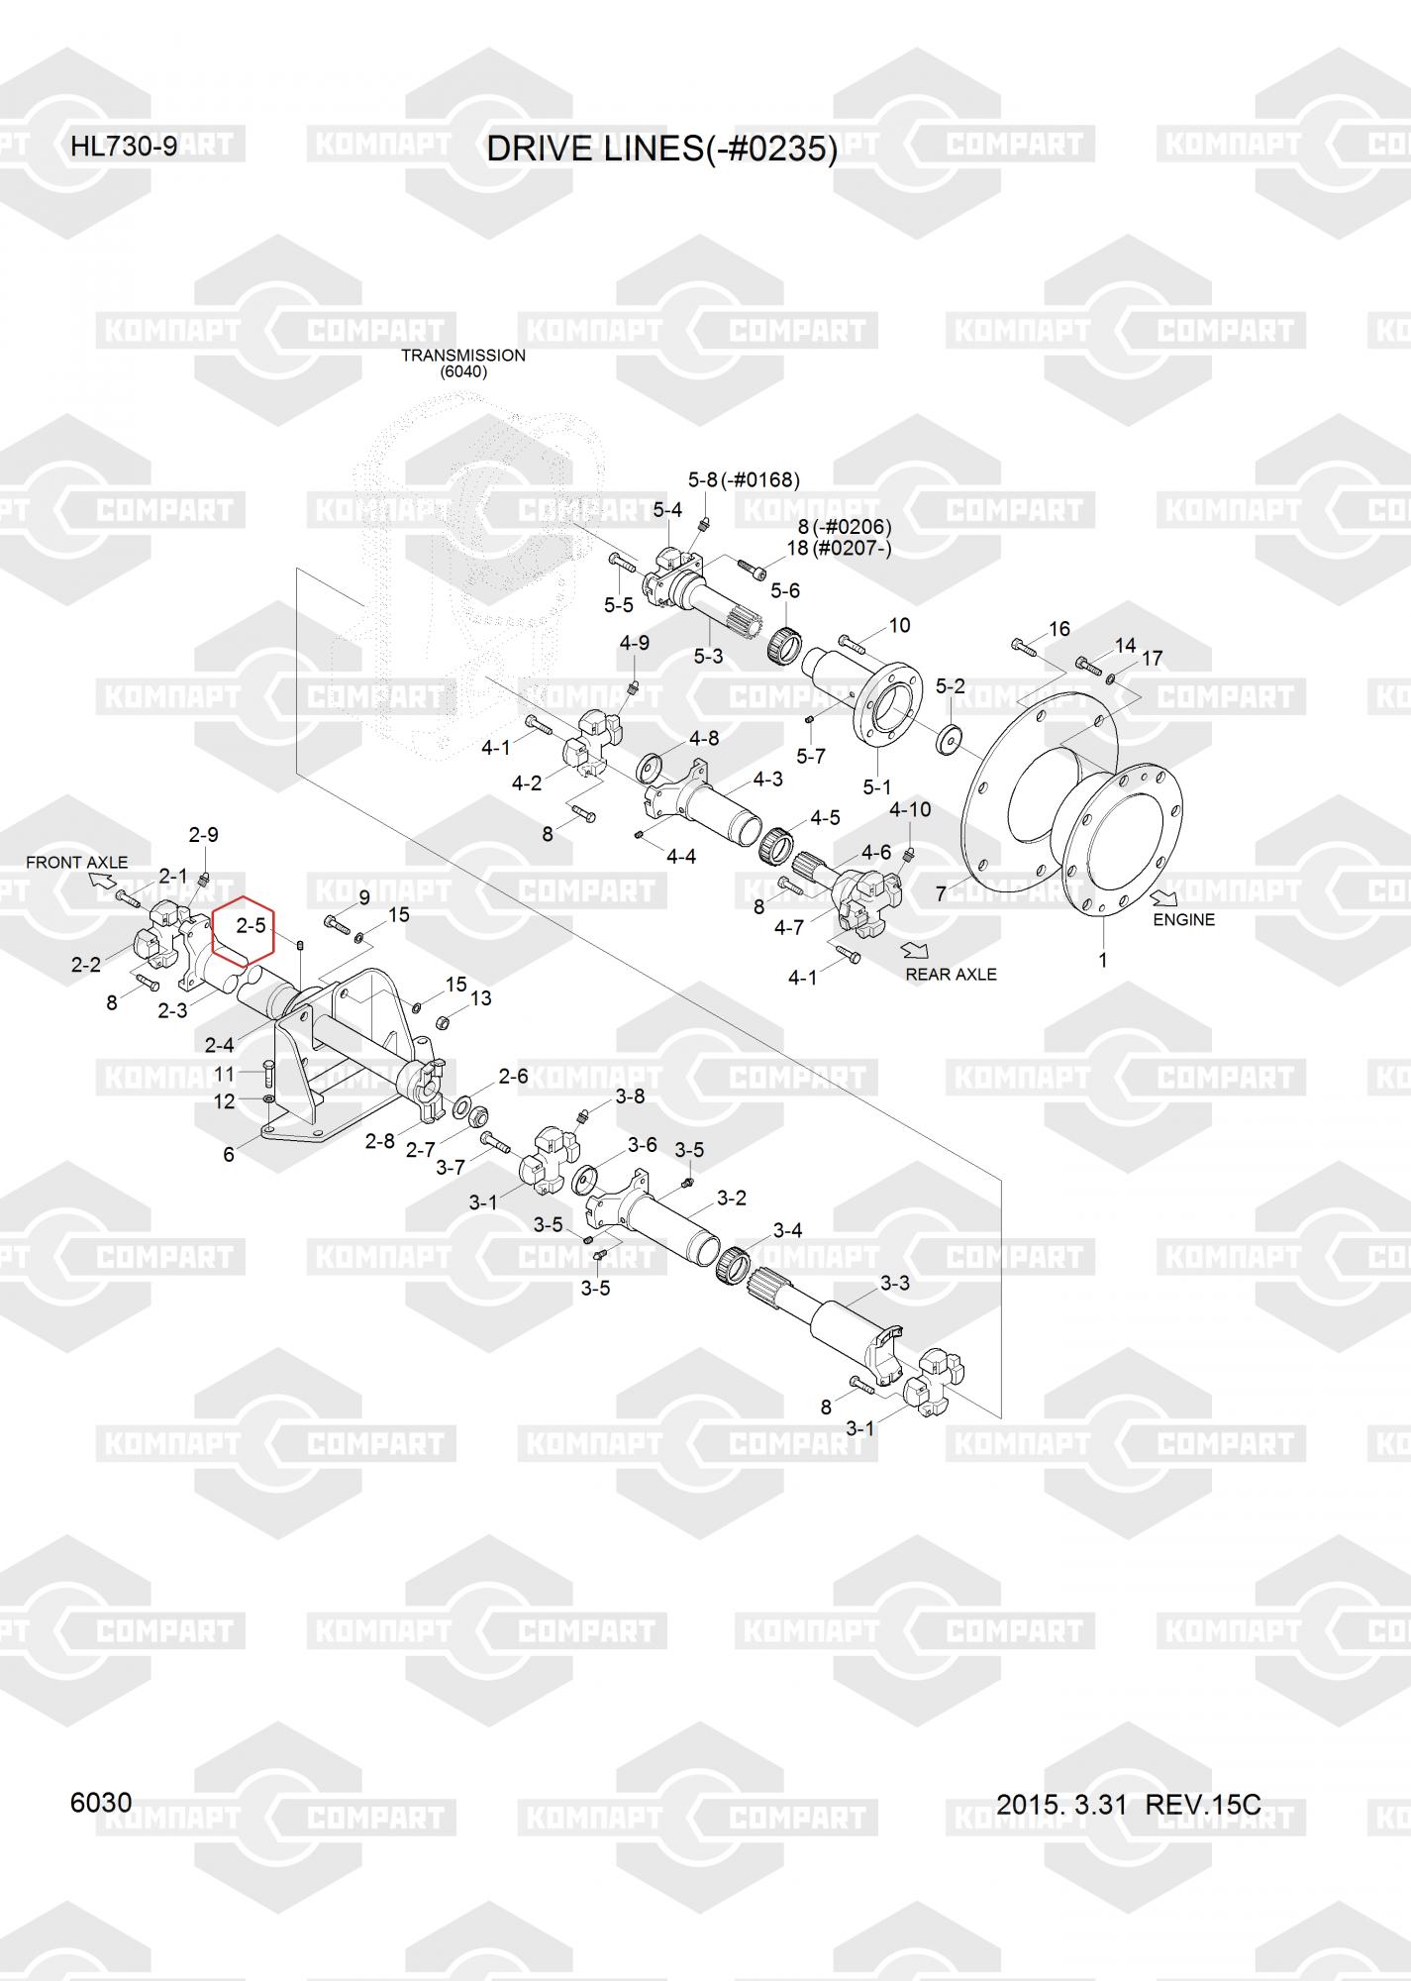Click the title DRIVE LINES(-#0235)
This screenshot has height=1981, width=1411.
point(661,150)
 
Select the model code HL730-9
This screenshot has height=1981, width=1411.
point(124,147)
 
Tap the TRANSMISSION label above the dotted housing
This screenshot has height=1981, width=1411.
point(462,356)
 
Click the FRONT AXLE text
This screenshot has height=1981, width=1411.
point(77,862)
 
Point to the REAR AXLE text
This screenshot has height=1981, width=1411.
point(951,974)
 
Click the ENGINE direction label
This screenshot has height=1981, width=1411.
point(1183,919)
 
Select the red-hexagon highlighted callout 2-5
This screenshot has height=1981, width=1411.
point(251,926)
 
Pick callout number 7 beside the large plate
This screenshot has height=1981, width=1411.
point(942,894)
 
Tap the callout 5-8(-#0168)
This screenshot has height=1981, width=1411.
point(744,480)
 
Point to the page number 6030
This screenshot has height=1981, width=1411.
point(101,1802)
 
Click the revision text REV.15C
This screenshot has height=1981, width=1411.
point(1203,1805)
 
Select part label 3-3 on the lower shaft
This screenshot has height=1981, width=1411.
point(894,1284)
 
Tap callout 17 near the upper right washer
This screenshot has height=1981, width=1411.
point(1152,659)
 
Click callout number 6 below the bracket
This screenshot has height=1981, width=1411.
point(229,1154)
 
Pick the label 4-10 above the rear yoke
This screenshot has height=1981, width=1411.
point(910,809)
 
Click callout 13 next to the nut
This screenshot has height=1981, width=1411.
point(480,997)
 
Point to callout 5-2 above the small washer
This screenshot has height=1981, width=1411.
point(950,686)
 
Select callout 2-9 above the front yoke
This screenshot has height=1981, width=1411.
point(203,835)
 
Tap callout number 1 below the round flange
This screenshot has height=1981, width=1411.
point(1102,959)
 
